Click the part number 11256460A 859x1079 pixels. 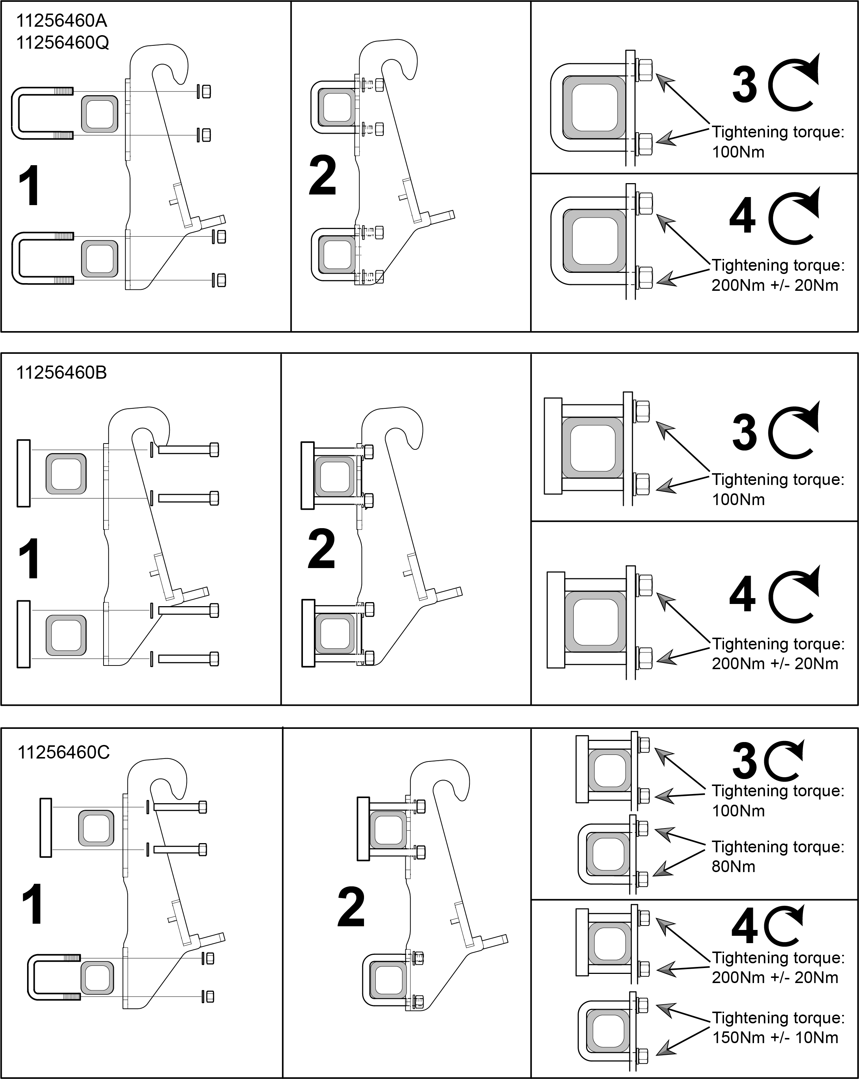[x=62, y=21]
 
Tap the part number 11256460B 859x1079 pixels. [x=61, y=373]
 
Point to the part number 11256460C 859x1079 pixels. [x=64, y=752]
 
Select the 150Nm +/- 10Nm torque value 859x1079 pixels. [x=775, y=1038]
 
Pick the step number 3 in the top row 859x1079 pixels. [x=744, y=85]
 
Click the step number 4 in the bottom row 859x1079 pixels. [x=744, y=927]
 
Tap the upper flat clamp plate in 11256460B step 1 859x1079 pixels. [x=23, y=474]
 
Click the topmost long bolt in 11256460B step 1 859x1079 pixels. [x=188, y=449]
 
